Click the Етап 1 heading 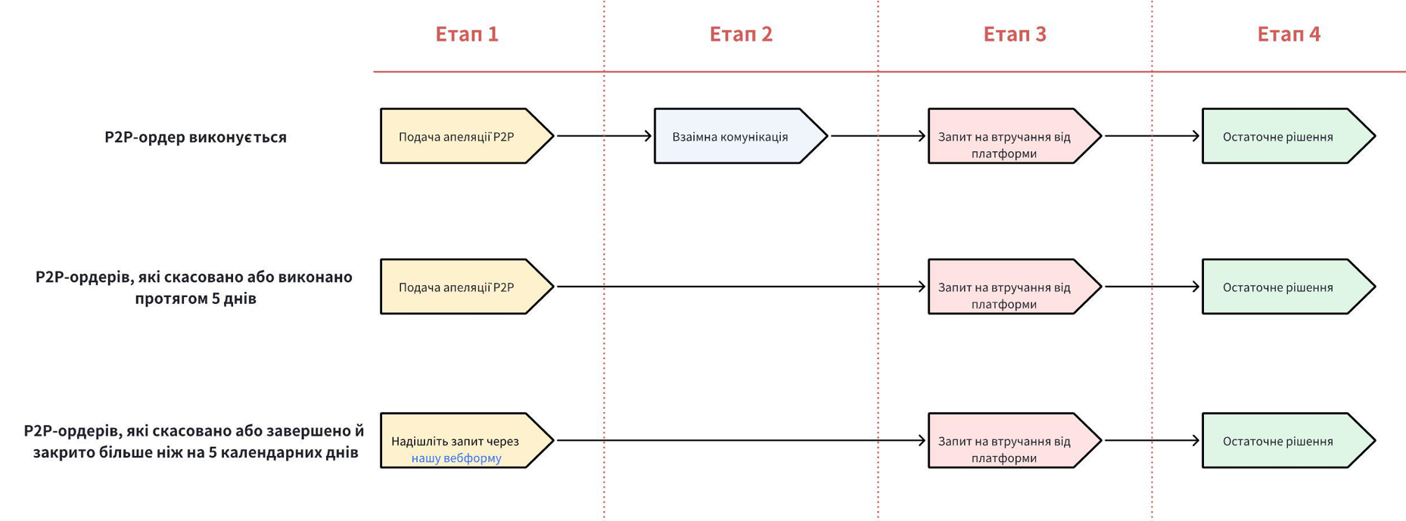point(466,34)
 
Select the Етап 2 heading point(740,34)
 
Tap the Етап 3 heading point(1014,34)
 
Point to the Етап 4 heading point(1288,34)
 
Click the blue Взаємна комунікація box point(730,137)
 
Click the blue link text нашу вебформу point(456,458)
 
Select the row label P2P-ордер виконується point(195,137)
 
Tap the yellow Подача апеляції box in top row point(456,137)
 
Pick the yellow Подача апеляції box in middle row point(456,287)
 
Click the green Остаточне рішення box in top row point(1278,137)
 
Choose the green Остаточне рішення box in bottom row point(1278,441)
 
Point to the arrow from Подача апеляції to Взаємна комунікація point(603,136)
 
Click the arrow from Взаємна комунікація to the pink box point(878,136)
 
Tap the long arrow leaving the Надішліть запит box point(740,440)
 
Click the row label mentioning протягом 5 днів point(194,287)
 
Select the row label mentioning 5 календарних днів point(194,442)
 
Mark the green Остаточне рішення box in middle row point(1278,287)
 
